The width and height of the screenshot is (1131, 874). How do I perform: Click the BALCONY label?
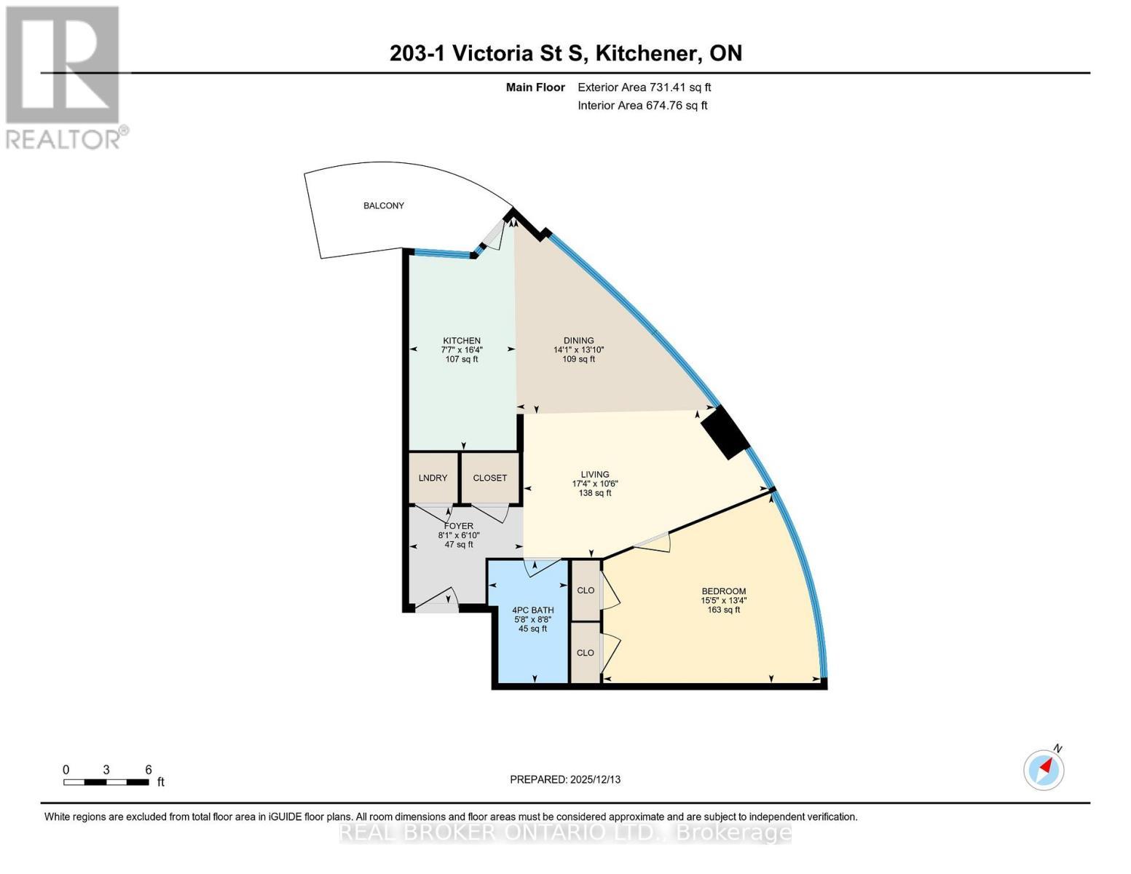coord(384,205)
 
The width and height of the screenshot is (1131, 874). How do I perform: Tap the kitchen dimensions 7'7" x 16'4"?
coord(462,350)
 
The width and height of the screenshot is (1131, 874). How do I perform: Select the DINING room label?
coord(578,340)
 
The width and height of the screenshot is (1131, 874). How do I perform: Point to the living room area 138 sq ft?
coord(594,493)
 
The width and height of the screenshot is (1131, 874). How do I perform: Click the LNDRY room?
coord(433,478)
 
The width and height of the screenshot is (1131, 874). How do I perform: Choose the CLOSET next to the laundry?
coord(489,478)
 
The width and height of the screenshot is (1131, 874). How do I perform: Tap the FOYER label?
coord(458,526)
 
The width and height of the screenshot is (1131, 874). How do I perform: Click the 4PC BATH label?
coord(532,610)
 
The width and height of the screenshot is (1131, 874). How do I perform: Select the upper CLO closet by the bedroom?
coord(586,590)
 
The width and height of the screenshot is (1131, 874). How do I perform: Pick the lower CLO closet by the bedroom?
coord(586,653)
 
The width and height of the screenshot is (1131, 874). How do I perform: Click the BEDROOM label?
coord(723,591)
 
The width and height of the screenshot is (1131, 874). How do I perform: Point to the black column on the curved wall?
coord(725,433)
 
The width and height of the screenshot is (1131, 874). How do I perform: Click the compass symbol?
coord(1044,769)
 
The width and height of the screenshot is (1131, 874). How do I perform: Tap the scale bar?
coord(106,782)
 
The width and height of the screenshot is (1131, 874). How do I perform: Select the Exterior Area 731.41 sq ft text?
coord(644,87)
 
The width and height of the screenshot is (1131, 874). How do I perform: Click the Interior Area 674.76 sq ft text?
coord(642,106)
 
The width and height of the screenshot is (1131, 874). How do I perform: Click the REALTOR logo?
coord(64,76)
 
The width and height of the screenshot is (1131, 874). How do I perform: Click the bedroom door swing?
coord(653,542)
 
